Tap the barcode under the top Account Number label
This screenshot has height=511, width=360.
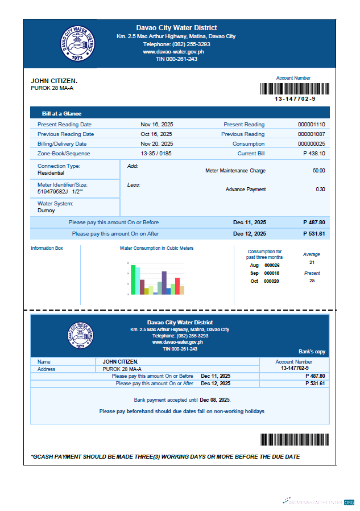[x=295, y=89]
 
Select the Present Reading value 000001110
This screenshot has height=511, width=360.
[x=311, y=124]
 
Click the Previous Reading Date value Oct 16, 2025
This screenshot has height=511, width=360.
[x=157, y=134]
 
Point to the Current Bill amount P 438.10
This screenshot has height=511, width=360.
[x=314, y=153]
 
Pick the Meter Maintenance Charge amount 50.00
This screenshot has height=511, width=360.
[x=318, y=170]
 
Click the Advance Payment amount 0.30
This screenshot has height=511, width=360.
[x=320, y=189]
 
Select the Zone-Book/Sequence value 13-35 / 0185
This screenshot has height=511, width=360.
[x=156, y=153]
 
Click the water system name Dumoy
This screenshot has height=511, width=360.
[x=46, y=210]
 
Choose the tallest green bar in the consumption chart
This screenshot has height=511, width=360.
[x=133, y=279]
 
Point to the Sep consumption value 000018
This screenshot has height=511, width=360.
[x=272, y=273]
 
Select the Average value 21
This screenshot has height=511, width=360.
[x=312, y=262]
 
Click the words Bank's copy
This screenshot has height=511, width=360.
[x=312, y=352]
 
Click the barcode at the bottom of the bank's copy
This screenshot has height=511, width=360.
[x=295, y=439]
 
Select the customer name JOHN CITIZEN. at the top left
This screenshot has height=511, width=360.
[x=54, y=81]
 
